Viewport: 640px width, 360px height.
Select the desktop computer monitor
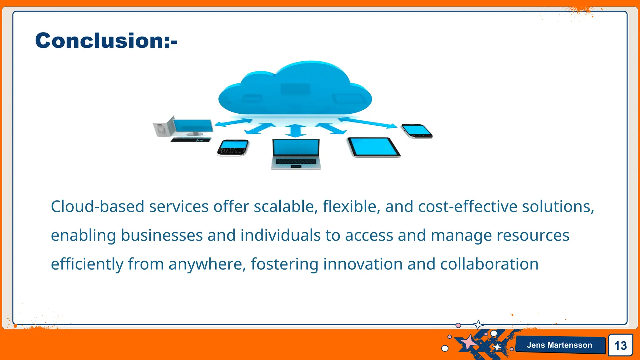(x=193, y=126)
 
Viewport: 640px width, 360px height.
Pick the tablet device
(x=373, y=147)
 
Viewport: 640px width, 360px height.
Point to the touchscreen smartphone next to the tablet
(x=417, y=131)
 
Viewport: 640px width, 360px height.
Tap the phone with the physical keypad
(x=233, y=147)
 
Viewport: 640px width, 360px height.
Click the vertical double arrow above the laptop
(x=296, y=131)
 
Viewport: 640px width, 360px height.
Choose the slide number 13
(x=620, y=345)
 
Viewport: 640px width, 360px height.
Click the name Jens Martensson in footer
(x=559, y=345)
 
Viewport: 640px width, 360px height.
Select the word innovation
(x=363, y=264)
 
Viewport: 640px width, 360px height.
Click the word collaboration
(x=489, y=264)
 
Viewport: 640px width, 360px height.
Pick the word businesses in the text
(x=162, y=235)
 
